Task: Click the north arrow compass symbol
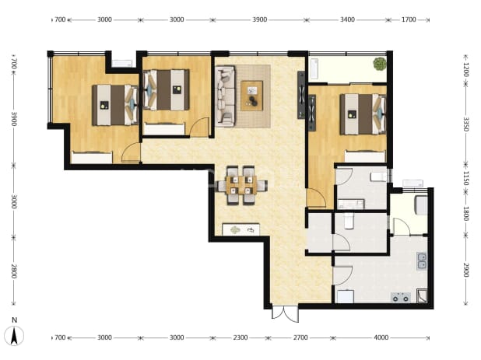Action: tap(14, 336)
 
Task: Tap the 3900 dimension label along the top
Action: tap(259, 19)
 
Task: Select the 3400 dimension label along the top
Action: tap(347, 19)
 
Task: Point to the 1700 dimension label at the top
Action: tap(409, 19)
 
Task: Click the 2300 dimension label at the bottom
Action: tap(240, 337)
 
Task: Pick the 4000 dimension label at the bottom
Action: tap(381, 337)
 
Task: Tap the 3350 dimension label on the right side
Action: tap(466, 124)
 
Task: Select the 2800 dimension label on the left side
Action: tap(14, 271)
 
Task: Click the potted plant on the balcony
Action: tap(380, 64)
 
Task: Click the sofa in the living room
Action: tap(226, 96)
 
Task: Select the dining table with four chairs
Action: tap(241, 185)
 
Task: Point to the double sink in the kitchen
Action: tap(422, 261)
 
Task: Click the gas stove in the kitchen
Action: tap(401, 297)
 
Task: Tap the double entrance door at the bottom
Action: tap(285, 313)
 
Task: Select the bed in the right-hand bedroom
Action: tap(363, 114)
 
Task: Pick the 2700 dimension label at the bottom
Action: tap(300, 337)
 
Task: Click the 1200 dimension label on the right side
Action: tap(466, 70)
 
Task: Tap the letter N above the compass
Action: tap(14, 320)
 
